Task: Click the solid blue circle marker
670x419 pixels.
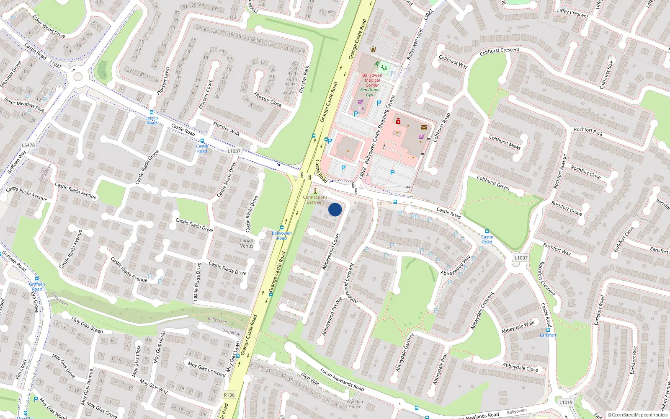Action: (x=335, y=209)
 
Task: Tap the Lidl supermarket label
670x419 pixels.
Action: (x=361, y=109)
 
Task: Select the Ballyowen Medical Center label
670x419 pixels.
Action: (x=372, y=80)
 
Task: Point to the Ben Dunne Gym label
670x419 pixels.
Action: (x=370, y=92)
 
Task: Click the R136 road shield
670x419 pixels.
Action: (x=229, y=395)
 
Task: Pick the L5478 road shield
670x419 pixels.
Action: (x=28, y=145)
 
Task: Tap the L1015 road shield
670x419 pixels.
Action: (x=566, y=402)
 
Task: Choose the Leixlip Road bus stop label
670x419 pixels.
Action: (x=152, y=120)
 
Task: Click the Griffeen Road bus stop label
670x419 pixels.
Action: (x=37, y=287)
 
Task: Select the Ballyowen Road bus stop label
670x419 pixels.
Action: (x=281, y=235)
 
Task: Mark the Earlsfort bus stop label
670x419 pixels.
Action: (x=548, y=335)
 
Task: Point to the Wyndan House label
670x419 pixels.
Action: (x=355, y=404)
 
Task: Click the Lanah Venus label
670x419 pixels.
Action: (x=247, y=243)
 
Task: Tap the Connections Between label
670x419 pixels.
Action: (x=315, y=199)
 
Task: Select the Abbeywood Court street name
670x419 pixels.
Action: (x=330, y=251)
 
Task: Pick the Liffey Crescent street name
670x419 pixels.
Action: (x=572, y=13)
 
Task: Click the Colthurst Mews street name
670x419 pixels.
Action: (x=505, y=142)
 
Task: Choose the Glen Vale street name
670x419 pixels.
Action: (x=310, y=379)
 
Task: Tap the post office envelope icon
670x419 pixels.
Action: (x=424, y=127)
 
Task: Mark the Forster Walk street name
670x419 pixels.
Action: (x=227, y=129)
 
